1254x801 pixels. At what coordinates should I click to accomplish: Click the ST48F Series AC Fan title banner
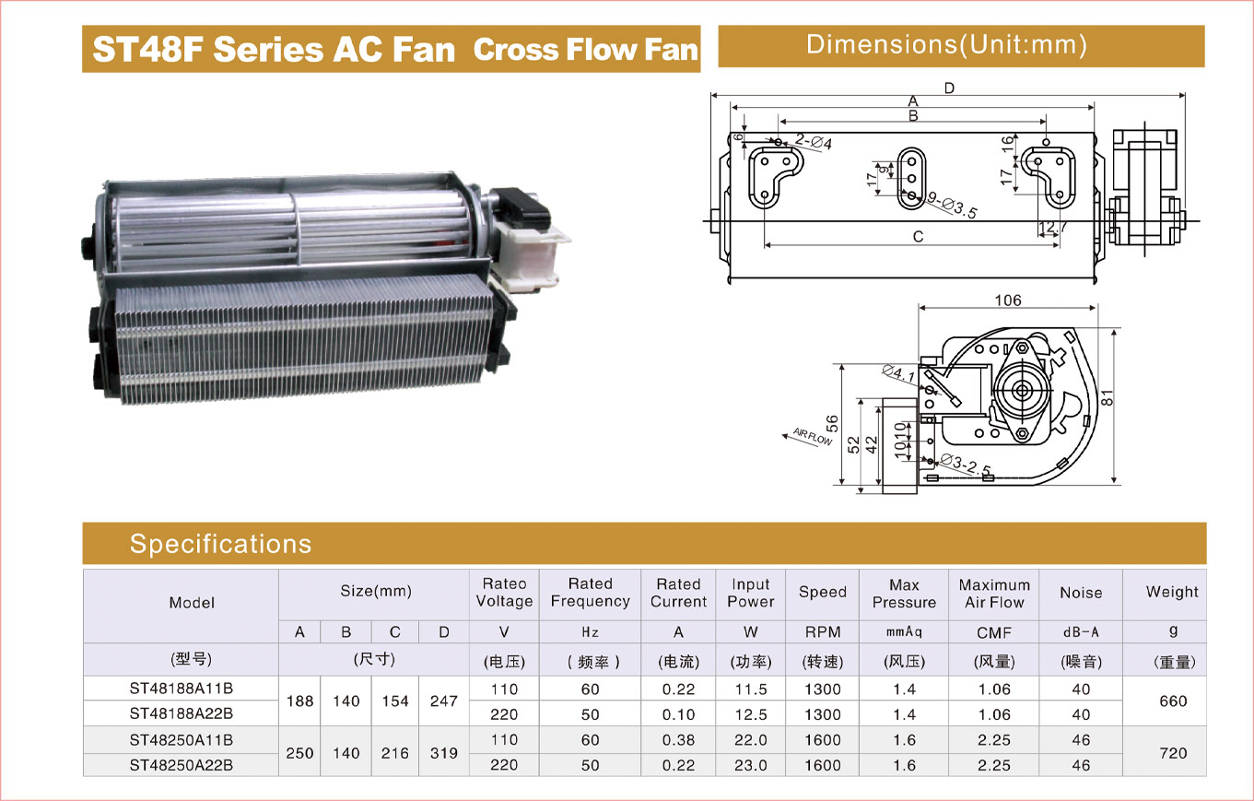click(x=392, y=49)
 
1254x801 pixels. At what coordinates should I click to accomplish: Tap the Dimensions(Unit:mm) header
click(x=961, y=46)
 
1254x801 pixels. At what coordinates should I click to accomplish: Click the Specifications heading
click(x=220, y=544)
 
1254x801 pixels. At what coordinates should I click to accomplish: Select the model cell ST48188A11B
click(x=181, y=689)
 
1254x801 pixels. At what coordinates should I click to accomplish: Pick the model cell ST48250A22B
click(x=181, y=765)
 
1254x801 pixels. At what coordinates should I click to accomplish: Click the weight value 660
click(x=1173, y=701)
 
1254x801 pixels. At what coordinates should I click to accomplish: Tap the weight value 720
click(x=1173, y=753)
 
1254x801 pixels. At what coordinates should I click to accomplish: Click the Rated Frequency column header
click(x=590, y=593)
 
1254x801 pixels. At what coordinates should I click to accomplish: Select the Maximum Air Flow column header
click(x=994, y=594)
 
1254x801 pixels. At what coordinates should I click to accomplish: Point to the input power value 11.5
click(x=750, y=689)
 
